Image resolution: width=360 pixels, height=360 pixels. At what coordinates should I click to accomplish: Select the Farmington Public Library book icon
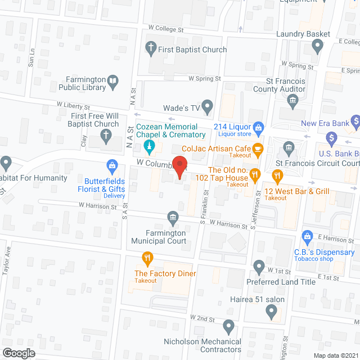(x=112, y=83)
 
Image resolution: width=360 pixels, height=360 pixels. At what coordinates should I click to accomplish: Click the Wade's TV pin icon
(x=208, y=105)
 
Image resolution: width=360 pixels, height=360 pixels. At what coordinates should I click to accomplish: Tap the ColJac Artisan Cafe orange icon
(x=258, y=149)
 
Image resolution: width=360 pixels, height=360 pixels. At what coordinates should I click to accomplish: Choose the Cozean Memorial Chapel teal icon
(x=149, y=147)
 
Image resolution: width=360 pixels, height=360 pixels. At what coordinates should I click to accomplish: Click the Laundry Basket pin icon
(x=318, y=46)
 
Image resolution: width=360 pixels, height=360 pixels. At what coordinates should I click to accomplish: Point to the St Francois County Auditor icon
(x=292, y=101)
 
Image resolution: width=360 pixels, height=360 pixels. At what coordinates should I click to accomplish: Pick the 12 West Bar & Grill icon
(x=277, y=176)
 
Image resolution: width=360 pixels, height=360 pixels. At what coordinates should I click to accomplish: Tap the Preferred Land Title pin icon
(x=259, y=265)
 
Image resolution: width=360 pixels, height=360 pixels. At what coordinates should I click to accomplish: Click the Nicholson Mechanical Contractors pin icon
(x=228, y=326)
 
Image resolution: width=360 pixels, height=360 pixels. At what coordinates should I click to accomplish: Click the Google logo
(x=19, y=353)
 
